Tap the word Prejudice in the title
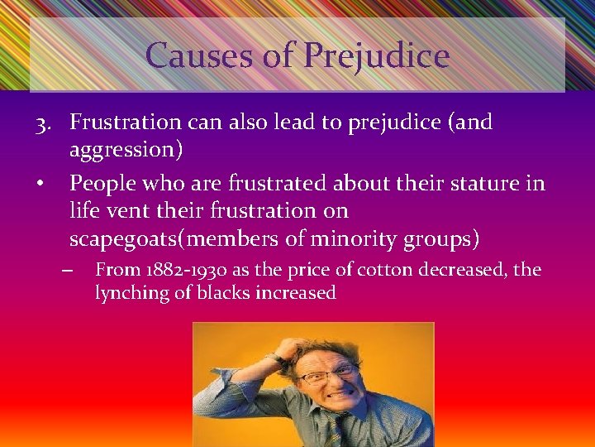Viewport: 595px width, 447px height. [377, 55]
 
